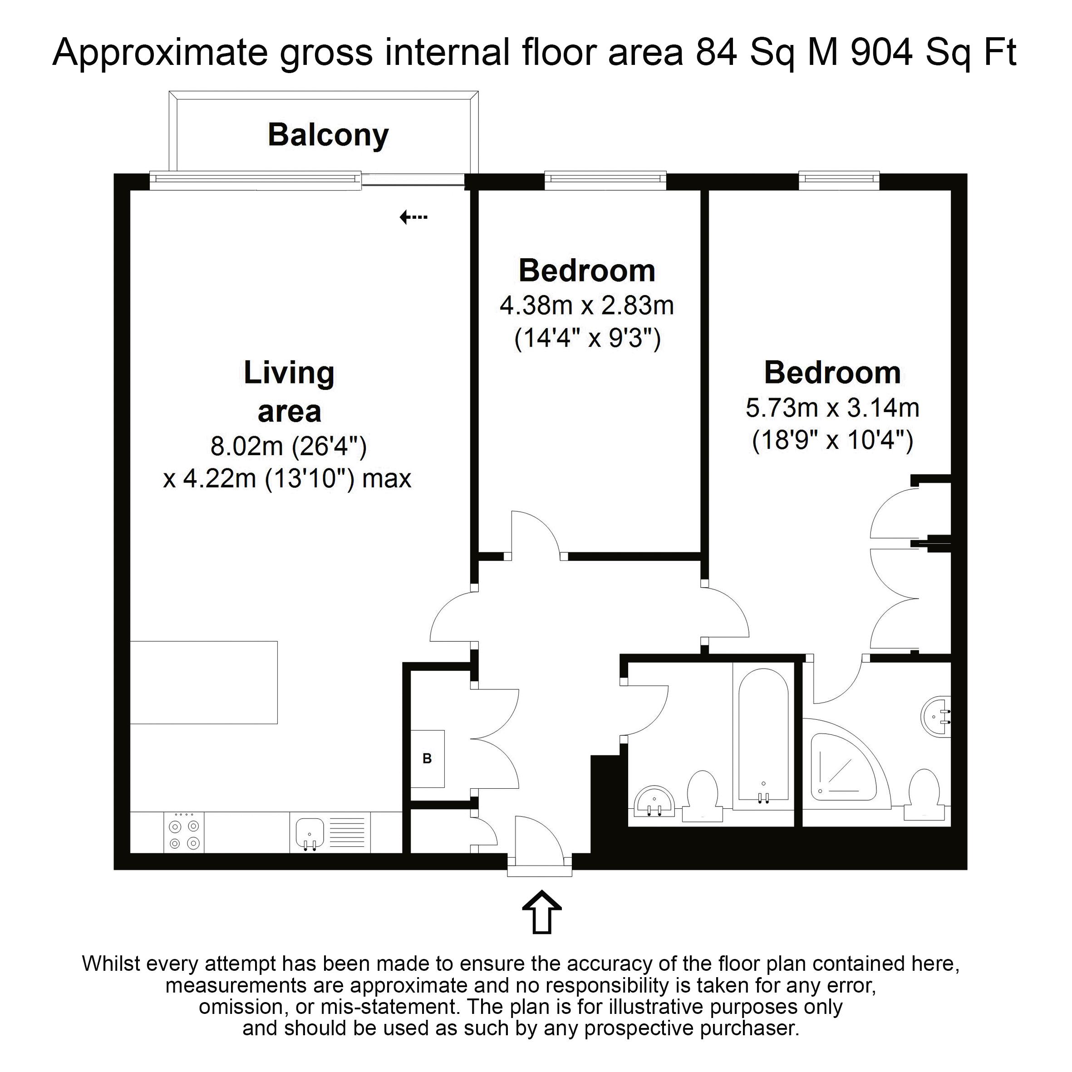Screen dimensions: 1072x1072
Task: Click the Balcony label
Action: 329,135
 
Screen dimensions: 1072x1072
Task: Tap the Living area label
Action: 289,392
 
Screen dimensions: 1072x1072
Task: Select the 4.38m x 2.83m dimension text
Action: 587,306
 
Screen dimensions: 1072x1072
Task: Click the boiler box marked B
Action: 427,758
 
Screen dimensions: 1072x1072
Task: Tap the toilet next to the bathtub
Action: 703,796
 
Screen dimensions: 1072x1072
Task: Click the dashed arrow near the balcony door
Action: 414,217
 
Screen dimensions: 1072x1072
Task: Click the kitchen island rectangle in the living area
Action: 204,683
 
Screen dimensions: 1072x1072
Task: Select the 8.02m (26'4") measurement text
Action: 289,446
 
